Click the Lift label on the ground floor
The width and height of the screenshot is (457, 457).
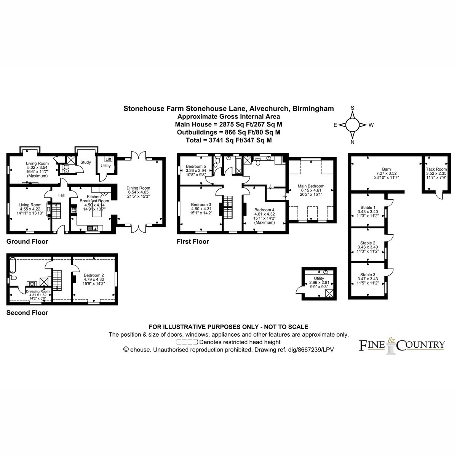pos(109,159)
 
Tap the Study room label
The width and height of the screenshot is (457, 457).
pos(86,162)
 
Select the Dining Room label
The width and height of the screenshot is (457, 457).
pos(138,188)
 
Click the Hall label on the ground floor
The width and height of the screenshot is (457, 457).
pos(61,195)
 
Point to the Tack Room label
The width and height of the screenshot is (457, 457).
pos(436,169)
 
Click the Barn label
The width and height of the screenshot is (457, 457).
pos(386,169)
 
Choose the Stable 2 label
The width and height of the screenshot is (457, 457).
pos(368,243)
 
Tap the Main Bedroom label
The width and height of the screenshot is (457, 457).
pos(311,186)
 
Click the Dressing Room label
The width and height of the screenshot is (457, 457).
pos(38,291)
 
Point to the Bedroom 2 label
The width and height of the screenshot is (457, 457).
pos(94,275)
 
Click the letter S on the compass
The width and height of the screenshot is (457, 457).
pos(352,108)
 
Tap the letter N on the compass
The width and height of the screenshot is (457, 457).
pos(352,142)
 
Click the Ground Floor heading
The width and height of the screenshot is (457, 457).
pos(27,241)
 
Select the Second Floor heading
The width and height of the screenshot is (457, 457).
pos(27,313)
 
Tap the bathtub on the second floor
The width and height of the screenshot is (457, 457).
pos(13,265)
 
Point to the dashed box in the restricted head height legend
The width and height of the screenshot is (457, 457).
pos(187,342)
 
